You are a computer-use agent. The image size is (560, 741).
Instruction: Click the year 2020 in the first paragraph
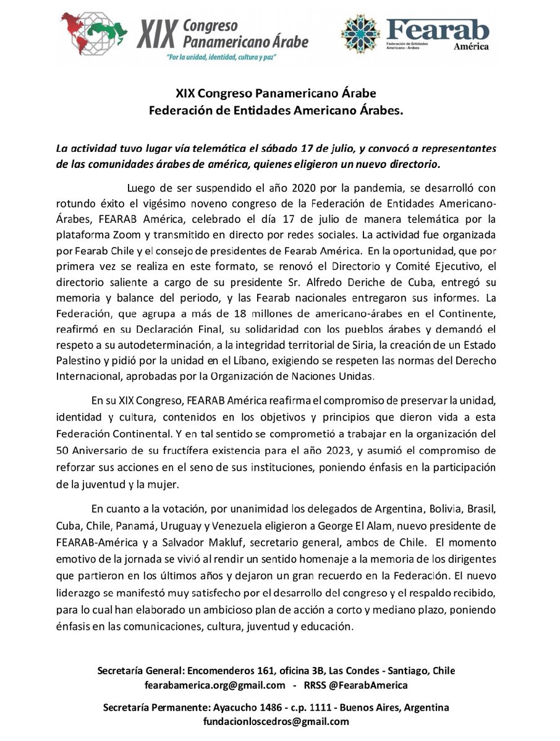(320, 187)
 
